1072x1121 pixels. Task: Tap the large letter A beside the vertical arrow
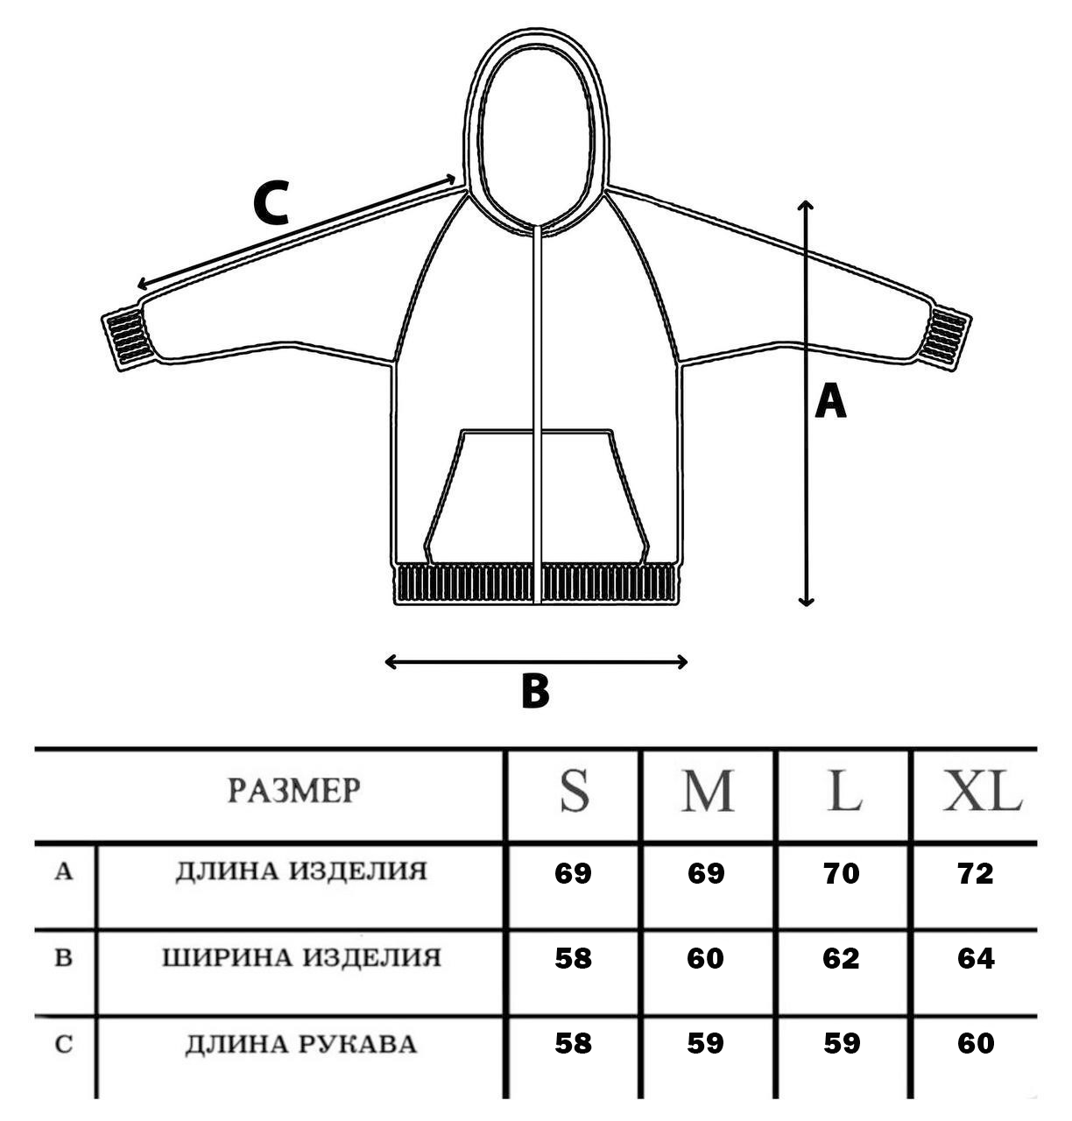pyautogui.click(x=830, y=403)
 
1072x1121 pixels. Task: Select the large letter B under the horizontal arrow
pyautogui.click(x=534, y=691)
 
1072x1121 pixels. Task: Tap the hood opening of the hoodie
pyautogui.click(x=535, y=140)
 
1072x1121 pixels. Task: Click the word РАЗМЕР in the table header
pyautogui.click(x=293, y=791)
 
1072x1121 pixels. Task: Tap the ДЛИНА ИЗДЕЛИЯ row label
pyautogui.click(x=300, y=871)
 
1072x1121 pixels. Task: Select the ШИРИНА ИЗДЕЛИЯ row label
pyautogui.click(x=300, y=957)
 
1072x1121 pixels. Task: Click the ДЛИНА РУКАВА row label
pyautogui.click(x=300, y=1044)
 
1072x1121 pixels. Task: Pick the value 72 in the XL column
pyautogui.click(x=976, y=873)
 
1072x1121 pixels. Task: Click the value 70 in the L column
pyautogui.click(x=842, y=873)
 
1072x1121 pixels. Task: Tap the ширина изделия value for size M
pyautogui.click(x=705, y=958)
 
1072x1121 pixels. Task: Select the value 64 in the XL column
pyautogui.click(x=976, y=958)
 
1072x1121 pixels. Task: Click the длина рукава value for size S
pyautogui.click(x=573, y=1043)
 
